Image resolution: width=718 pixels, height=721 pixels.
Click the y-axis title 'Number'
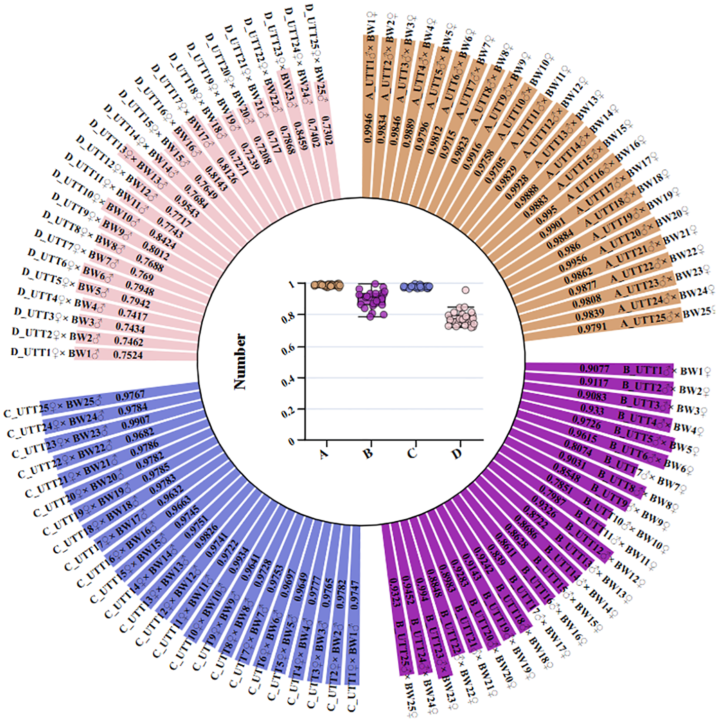click(x=240, y=361)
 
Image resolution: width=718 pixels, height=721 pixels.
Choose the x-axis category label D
click(x=457, y=453)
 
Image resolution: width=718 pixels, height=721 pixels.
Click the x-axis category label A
click(x=324, y=453)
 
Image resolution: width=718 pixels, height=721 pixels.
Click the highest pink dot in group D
click(x=465, y=290)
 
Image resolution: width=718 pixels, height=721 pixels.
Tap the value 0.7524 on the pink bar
click(x=128, y=355)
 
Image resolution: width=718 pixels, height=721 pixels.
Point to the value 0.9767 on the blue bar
click(x=131, y=395)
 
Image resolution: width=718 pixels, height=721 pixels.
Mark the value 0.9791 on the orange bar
click(x=592, y=328)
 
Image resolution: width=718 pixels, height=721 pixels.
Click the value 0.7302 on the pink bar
click(x=328, y=131)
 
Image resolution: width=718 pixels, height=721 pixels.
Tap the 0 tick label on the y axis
click(x=292, y=442)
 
